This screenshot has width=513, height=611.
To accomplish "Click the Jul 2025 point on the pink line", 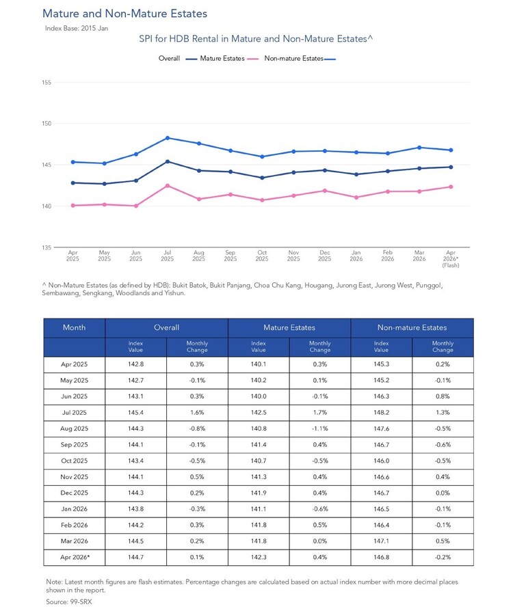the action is click(168, 185).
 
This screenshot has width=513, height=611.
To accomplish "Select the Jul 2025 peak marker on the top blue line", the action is click(168, 138).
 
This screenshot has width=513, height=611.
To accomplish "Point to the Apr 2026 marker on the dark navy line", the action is click(451, 167).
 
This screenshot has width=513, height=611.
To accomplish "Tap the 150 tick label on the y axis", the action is click(47, 124).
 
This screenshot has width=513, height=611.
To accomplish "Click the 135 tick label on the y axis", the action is click(47, 247).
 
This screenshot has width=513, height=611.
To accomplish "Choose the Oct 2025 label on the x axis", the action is click(262, 256).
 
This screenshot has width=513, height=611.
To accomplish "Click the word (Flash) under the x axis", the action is click(451, 265).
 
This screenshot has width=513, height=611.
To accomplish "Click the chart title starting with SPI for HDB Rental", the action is click(256, 39).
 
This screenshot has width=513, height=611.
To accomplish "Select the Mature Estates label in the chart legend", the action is click(222, 59).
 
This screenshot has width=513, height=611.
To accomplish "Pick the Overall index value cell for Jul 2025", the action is click(135, 412).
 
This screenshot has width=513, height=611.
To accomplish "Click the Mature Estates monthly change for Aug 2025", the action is click(320, 429).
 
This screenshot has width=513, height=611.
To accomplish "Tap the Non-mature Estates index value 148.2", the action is click(381, 412).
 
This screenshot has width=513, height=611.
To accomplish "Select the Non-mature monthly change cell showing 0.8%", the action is click(443, 396).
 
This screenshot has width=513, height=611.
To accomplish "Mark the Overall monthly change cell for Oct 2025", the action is click(197, 461).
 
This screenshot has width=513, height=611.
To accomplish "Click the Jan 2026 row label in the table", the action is click(74, 509).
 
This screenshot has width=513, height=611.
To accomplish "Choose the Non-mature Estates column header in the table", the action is click(412, 327).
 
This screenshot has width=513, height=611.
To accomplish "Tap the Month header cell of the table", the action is click(74, 327).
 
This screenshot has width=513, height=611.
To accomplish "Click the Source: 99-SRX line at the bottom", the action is click(69, 601).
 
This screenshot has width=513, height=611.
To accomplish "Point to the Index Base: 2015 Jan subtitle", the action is click(77, 28).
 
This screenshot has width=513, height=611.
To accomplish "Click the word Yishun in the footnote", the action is click(174, 293).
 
